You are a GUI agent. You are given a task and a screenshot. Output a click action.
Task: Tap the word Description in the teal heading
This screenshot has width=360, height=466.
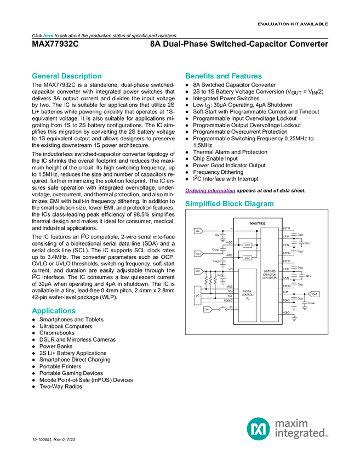click(81, 76)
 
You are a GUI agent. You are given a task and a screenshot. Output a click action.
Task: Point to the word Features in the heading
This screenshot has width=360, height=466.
click(247, 76)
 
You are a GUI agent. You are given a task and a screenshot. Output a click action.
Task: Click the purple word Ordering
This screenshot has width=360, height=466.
click(195, 191)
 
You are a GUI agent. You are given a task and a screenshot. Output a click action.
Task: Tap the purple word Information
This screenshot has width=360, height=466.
click(222, 191)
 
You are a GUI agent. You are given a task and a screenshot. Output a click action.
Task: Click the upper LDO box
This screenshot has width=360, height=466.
click(247, 245)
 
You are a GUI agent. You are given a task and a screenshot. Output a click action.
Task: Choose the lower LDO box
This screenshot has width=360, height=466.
click(247, 257)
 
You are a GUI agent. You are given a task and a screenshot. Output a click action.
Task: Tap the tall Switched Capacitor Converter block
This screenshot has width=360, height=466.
click(269, 274)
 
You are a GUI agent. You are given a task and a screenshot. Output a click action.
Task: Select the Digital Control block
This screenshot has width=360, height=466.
click(248, 295)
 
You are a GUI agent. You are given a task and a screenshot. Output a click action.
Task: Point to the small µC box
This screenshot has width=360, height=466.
click(197, 295)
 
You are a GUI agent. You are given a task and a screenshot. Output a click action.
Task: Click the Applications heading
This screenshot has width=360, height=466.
click(54, 311)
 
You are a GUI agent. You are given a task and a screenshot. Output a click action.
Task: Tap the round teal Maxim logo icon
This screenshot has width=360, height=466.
click(258, 428)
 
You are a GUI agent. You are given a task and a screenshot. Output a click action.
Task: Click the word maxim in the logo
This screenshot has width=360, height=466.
click(292, 423)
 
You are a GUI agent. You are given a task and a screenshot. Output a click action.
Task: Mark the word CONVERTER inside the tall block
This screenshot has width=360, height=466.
click(270, 278)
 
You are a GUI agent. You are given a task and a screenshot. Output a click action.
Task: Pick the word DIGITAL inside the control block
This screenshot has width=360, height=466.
click(248, 291)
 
